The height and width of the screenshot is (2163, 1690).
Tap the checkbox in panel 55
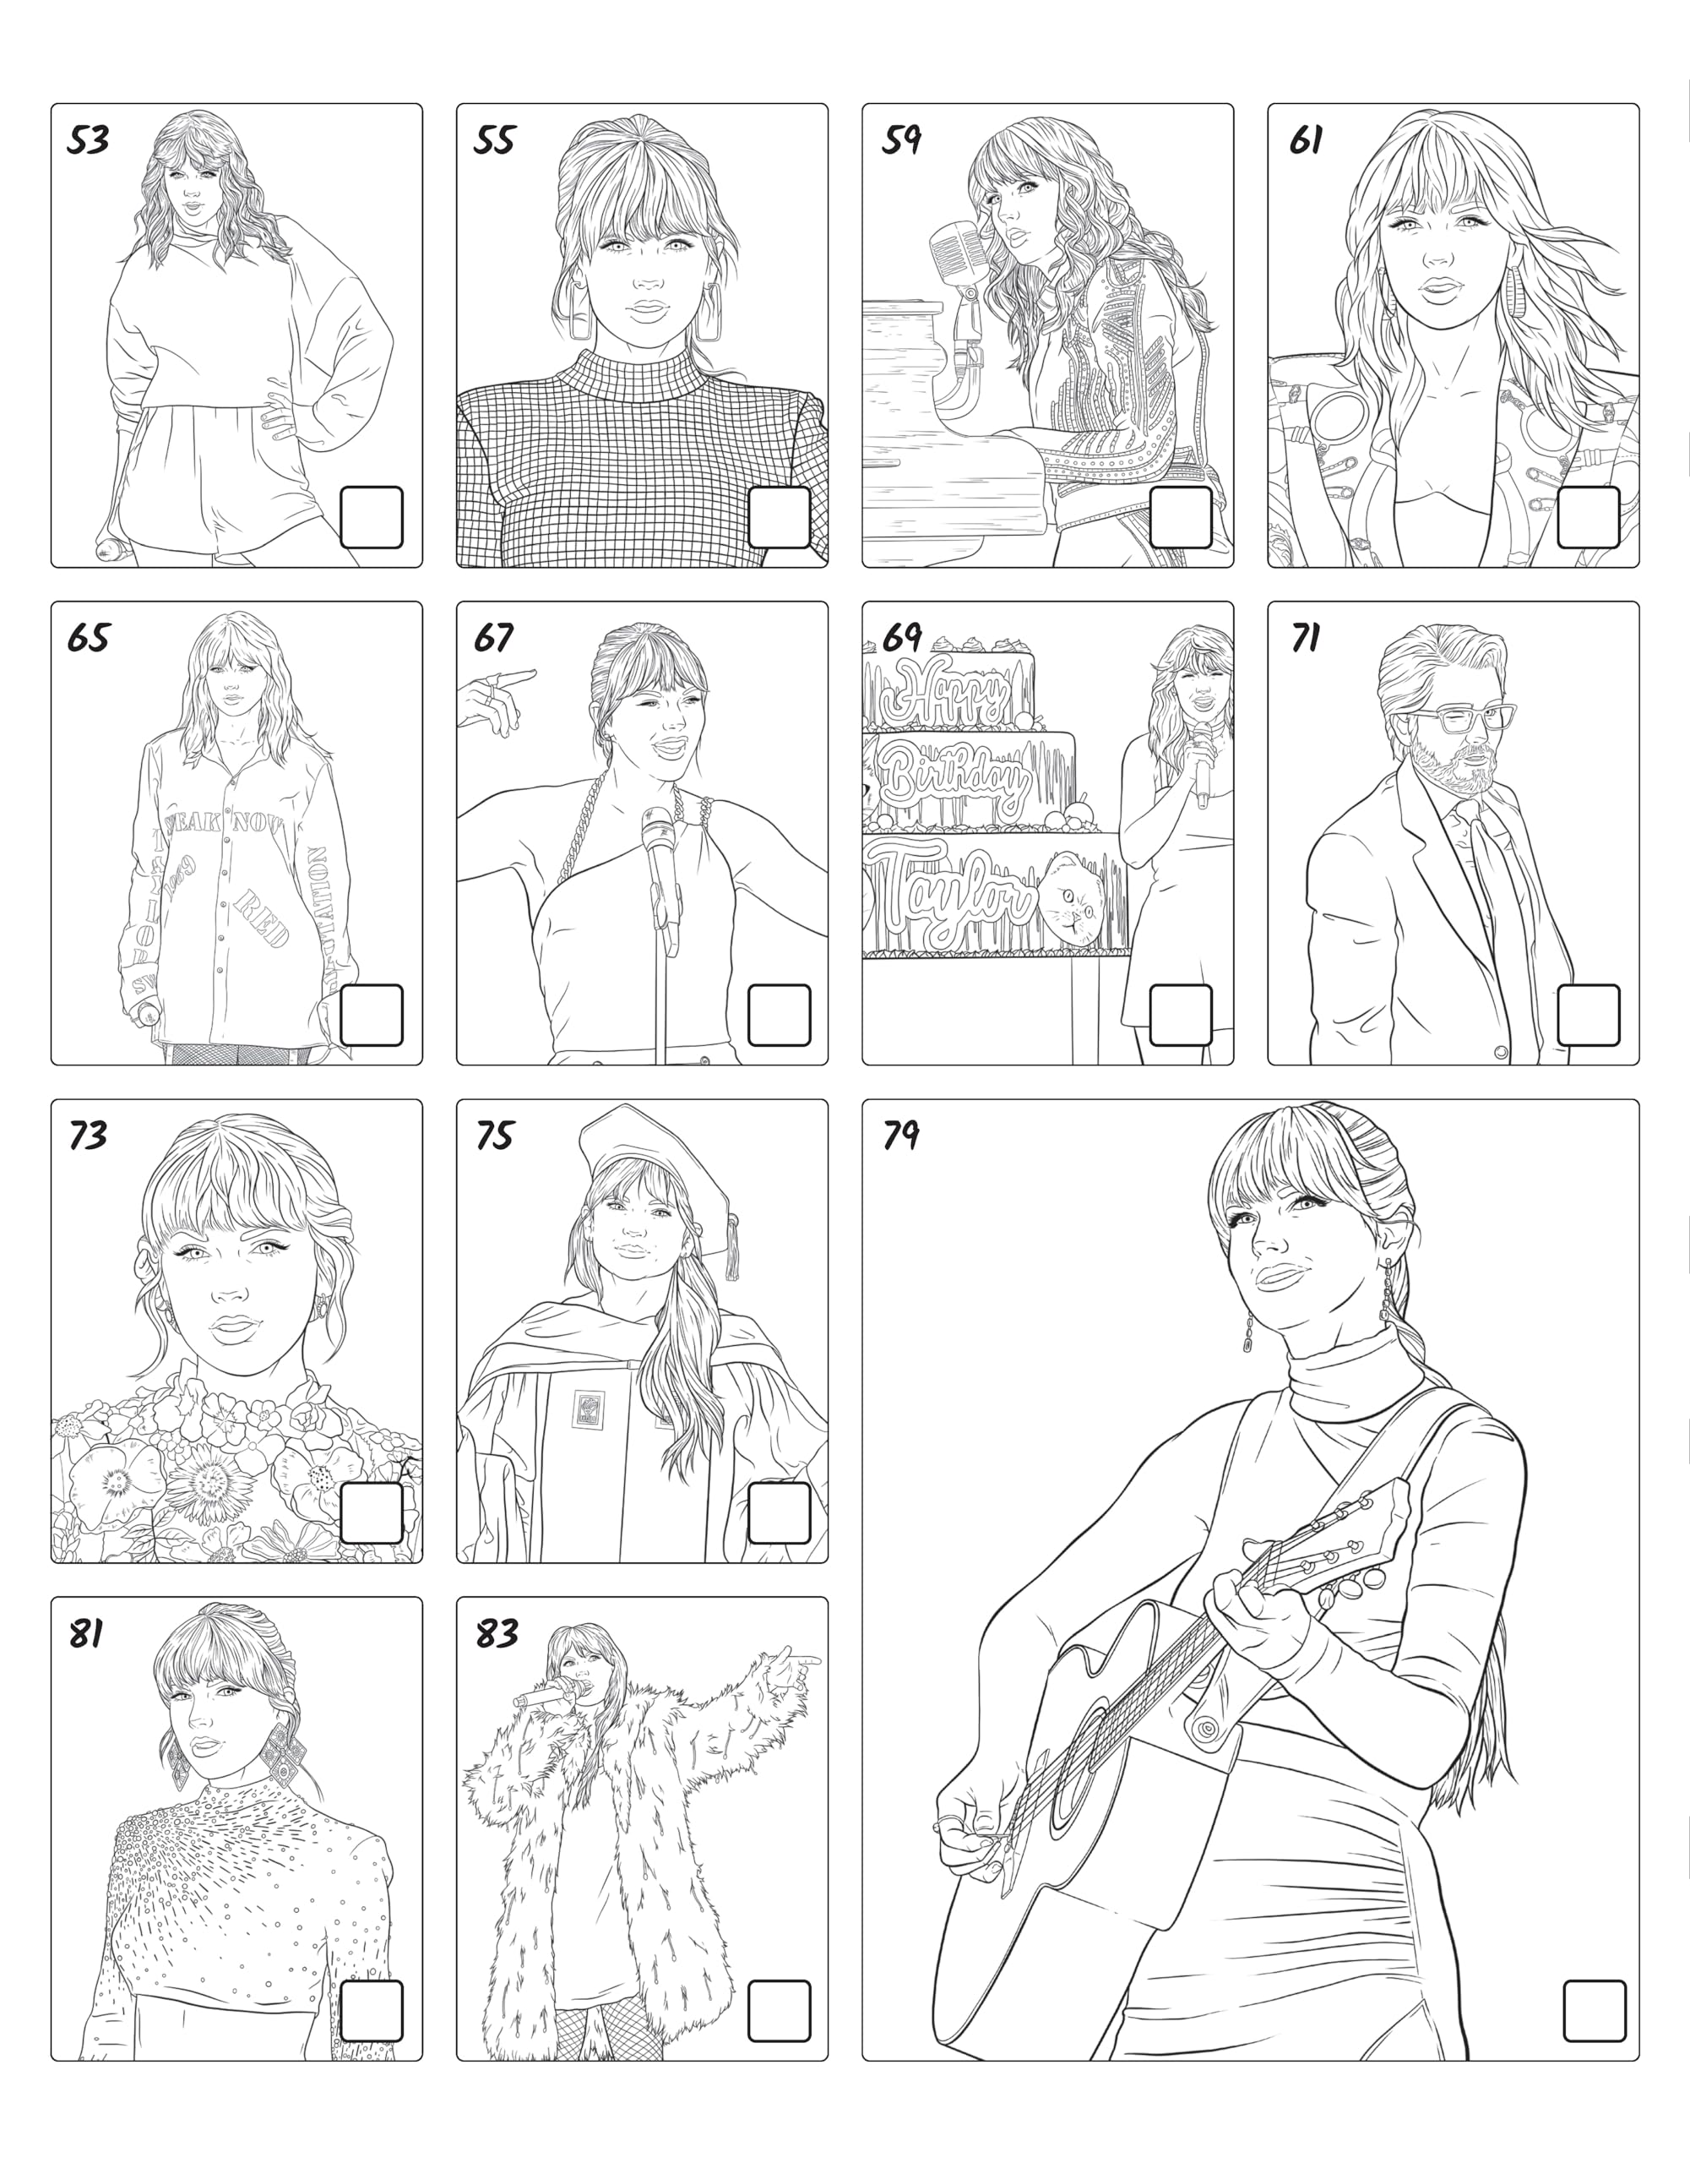click(x=780, y=517)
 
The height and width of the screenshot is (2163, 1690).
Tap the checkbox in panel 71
click(x=1589, y=1015)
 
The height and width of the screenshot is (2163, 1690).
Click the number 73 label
click(x=88, y=1135)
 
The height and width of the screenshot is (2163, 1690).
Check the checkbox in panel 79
click(x=1594, y=2010)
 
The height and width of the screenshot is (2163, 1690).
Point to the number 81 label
click(x=85, y=1633)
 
